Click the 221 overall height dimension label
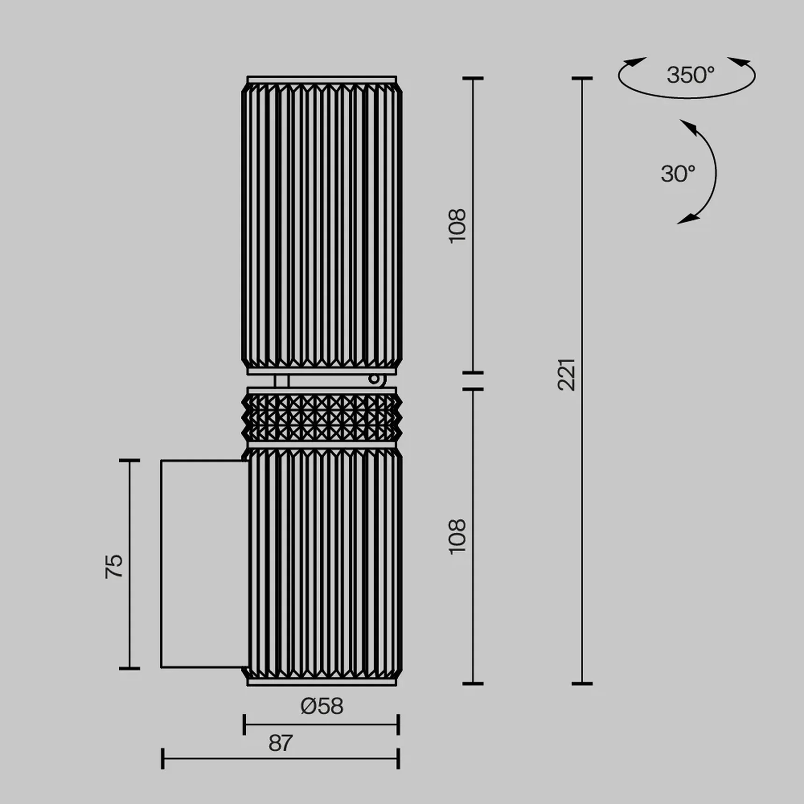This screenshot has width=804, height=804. (567, 375)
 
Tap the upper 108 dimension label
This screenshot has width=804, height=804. (457, 225)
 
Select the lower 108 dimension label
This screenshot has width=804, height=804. (457, 536)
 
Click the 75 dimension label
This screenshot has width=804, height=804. (114, 566)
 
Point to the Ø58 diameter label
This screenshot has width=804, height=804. (322, 706)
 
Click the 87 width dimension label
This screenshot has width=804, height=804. (280, 743)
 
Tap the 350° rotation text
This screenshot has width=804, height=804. (690, 75)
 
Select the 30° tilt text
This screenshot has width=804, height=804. (678, 174)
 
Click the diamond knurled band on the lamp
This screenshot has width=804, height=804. (322, 417)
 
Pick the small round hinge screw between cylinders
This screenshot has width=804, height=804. (374, 379)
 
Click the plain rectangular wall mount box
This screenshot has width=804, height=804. (204, 563)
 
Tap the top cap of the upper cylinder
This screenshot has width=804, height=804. (322, 79)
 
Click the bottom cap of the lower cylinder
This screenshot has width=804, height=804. (322, 682)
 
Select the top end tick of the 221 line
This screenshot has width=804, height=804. (582, 79)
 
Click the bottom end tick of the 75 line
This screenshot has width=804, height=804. (129, 668)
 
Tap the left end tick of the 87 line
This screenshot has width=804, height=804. (163, 758)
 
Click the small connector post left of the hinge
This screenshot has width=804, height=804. (281, 381)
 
